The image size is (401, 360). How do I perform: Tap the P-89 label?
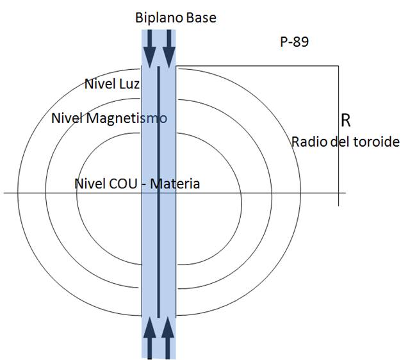click(294, 42)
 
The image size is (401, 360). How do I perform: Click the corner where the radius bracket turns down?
click(338, 65)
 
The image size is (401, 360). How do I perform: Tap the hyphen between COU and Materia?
click(145, 184)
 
